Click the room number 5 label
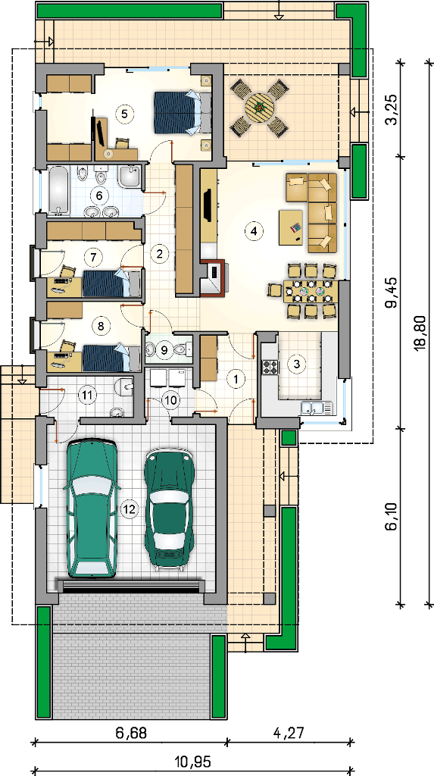124,114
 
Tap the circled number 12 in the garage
130,508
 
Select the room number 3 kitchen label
296,364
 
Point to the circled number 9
164,350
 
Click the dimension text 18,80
420,334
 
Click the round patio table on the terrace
260,107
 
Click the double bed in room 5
182,112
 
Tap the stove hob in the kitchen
270,367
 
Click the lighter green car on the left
92,508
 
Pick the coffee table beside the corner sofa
291,227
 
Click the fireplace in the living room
214,277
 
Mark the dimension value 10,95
192,762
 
